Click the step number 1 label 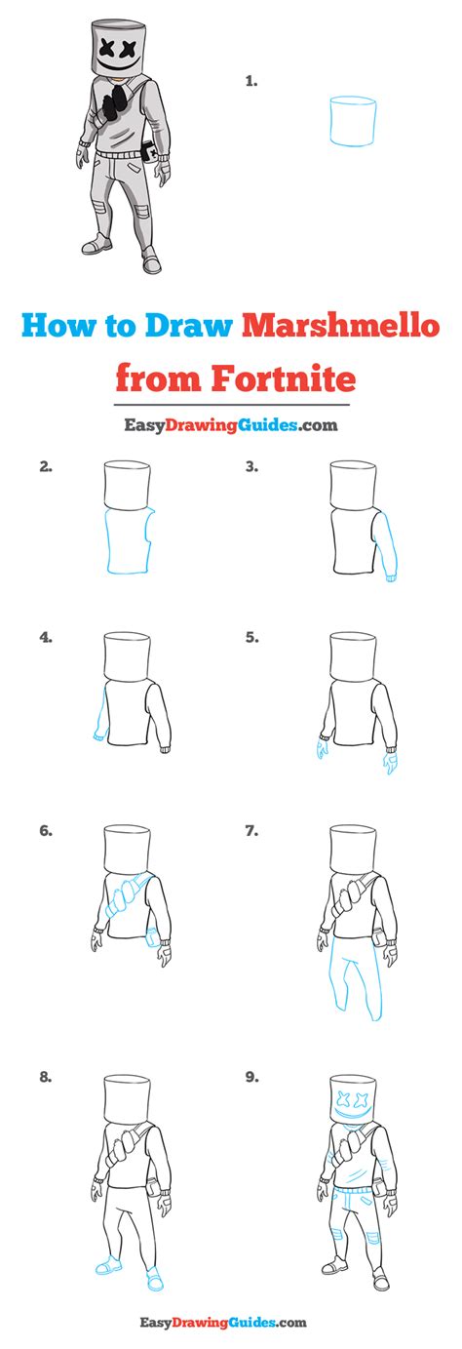pyautogui.click(x=250, y=83)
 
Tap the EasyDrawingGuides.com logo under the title pyautogui.click(x=230, y=424)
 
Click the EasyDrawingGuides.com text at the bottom pyautogui.click(x=231, y=1322)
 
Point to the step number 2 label pyautogui.click(x=46, y=466)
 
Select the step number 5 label pyautogui.click(x=251, y=637)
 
